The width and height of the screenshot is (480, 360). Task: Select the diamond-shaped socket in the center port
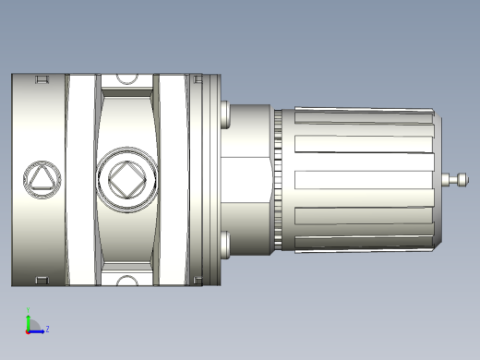[x=126, y=178]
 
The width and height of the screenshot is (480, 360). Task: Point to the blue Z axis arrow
[x=38, y=328]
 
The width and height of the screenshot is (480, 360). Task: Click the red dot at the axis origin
[x=29, y=329]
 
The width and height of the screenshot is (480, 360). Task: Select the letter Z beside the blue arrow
[x=47, y=328]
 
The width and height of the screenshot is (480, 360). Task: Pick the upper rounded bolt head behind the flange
[x=224, y=114]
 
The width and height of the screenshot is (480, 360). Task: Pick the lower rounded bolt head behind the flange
[x=224, y=244]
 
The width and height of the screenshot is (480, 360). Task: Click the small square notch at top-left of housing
[x=41, y=80]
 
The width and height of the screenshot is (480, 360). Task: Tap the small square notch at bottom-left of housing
[x=41, y=279]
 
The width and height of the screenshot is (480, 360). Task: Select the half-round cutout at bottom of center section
[x=126, y=278]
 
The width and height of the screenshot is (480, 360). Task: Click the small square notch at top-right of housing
[x=196, y=80]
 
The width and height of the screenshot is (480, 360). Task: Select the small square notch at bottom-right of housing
[x=196, y=279]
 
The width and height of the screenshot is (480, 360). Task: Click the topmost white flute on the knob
[x=360, y=118]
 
